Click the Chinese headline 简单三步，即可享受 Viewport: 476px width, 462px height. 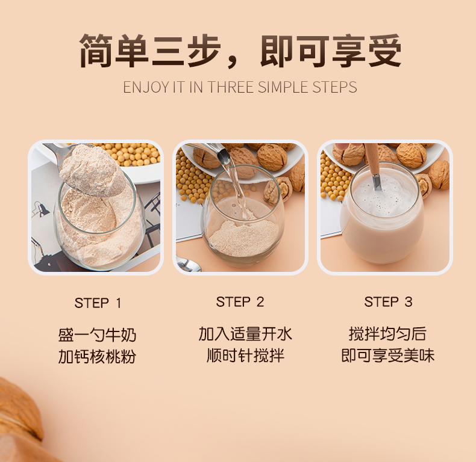pyautogui.click(x=240, y=52)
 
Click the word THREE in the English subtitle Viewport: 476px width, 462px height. pyautogui.click(x=231, y=87)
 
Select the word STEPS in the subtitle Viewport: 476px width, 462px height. pyautogui.click(x=334, y=87)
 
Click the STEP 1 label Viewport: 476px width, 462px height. pyautogui.click(x=98, y=303)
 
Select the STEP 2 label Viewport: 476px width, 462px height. pyautogui.click(x=240, y=302)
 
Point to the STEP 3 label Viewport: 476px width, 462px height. pyautogui.click(x=388, y=302)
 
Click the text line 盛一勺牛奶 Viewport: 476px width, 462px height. pyautogui.click(x=97, y=335)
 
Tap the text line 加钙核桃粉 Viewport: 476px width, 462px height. pyautogui.click(x=97, y=357)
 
